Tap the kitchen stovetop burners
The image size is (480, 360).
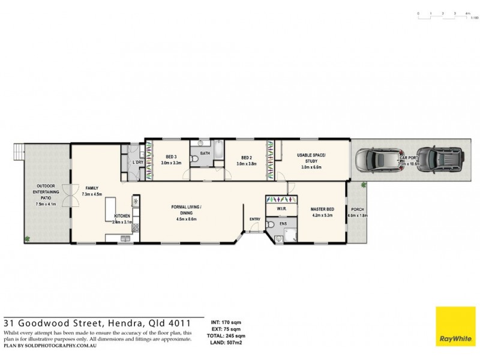coord(136,227)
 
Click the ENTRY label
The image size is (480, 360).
coord(255,219)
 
